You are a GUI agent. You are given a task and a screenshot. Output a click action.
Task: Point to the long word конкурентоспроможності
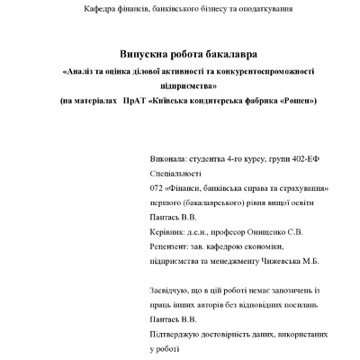[266, 70]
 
